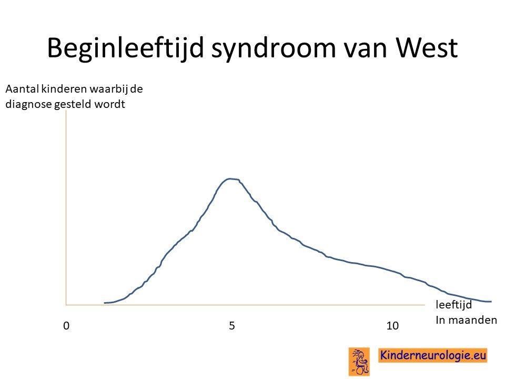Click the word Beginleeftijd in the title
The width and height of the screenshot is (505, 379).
[126, 48]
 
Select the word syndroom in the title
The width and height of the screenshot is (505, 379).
[274, 48]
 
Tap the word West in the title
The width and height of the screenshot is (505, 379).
[427, 48]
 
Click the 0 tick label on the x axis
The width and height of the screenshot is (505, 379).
[66, 326]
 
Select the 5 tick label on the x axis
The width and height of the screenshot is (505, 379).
[232, 326]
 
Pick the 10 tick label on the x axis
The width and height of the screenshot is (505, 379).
[392, 326]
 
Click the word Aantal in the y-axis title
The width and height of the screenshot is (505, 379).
[22, 89]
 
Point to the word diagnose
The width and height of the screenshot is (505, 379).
[28, 104]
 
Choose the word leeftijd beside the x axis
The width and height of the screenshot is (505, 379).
[454, 305]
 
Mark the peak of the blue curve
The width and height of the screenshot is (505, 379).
[230, 179]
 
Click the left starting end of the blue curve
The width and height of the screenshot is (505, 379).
[105, 303]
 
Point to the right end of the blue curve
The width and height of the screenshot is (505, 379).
[491, 302]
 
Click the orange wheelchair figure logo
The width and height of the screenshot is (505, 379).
[359, 362]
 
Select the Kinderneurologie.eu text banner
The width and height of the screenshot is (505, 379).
[433, 355]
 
